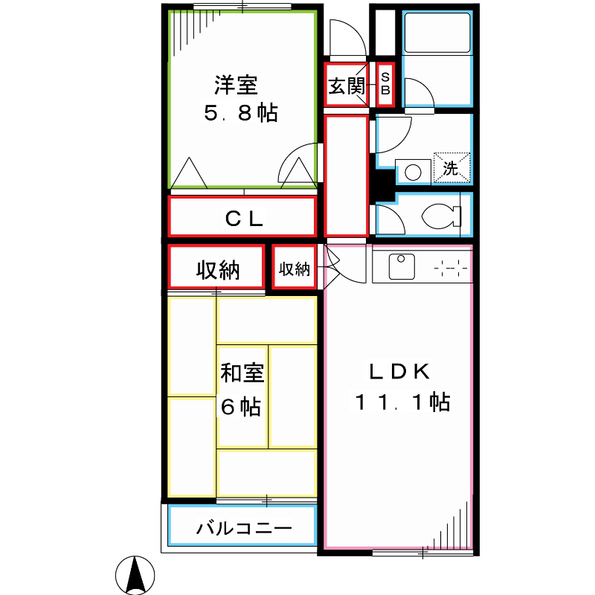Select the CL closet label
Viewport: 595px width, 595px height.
pyautogui.click(x=243, y=219)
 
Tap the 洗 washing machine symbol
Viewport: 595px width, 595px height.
pyautogui.click(x=451, y=167)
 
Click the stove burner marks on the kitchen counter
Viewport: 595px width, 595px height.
pyautogui.click(x=451, y=266)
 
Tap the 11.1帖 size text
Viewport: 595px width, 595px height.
pyautogui.click(x=401, y=402)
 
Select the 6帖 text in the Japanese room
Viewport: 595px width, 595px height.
pyautogui.click(x=240, y=407)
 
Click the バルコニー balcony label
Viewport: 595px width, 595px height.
pyautogui.click(x=244, y=529)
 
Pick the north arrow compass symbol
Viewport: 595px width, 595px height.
pyautogui.click(x=135, y=576)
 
